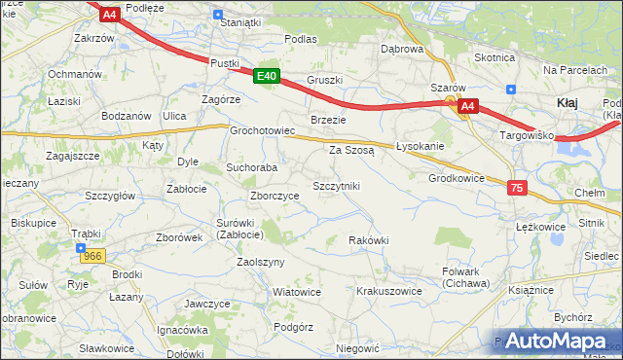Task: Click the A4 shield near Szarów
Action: [x=467, y=106]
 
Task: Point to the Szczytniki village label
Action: [x=336, y=185]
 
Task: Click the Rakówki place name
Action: [x=369, y=240]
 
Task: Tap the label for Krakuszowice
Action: [x=388, y=291]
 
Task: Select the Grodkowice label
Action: [x=457, y=178]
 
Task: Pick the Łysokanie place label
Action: [x=421, y=146]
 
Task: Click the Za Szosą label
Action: [x=351, y=150]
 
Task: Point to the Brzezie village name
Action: [x=328, y=119]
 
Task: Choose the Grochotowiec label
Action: [x=262, y=130]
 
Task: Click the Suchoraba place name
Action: [x=252, y=167]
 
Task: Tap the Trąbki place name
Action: [x=86, y=234]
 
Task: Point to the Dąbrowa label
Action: [x=403, y=49]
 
